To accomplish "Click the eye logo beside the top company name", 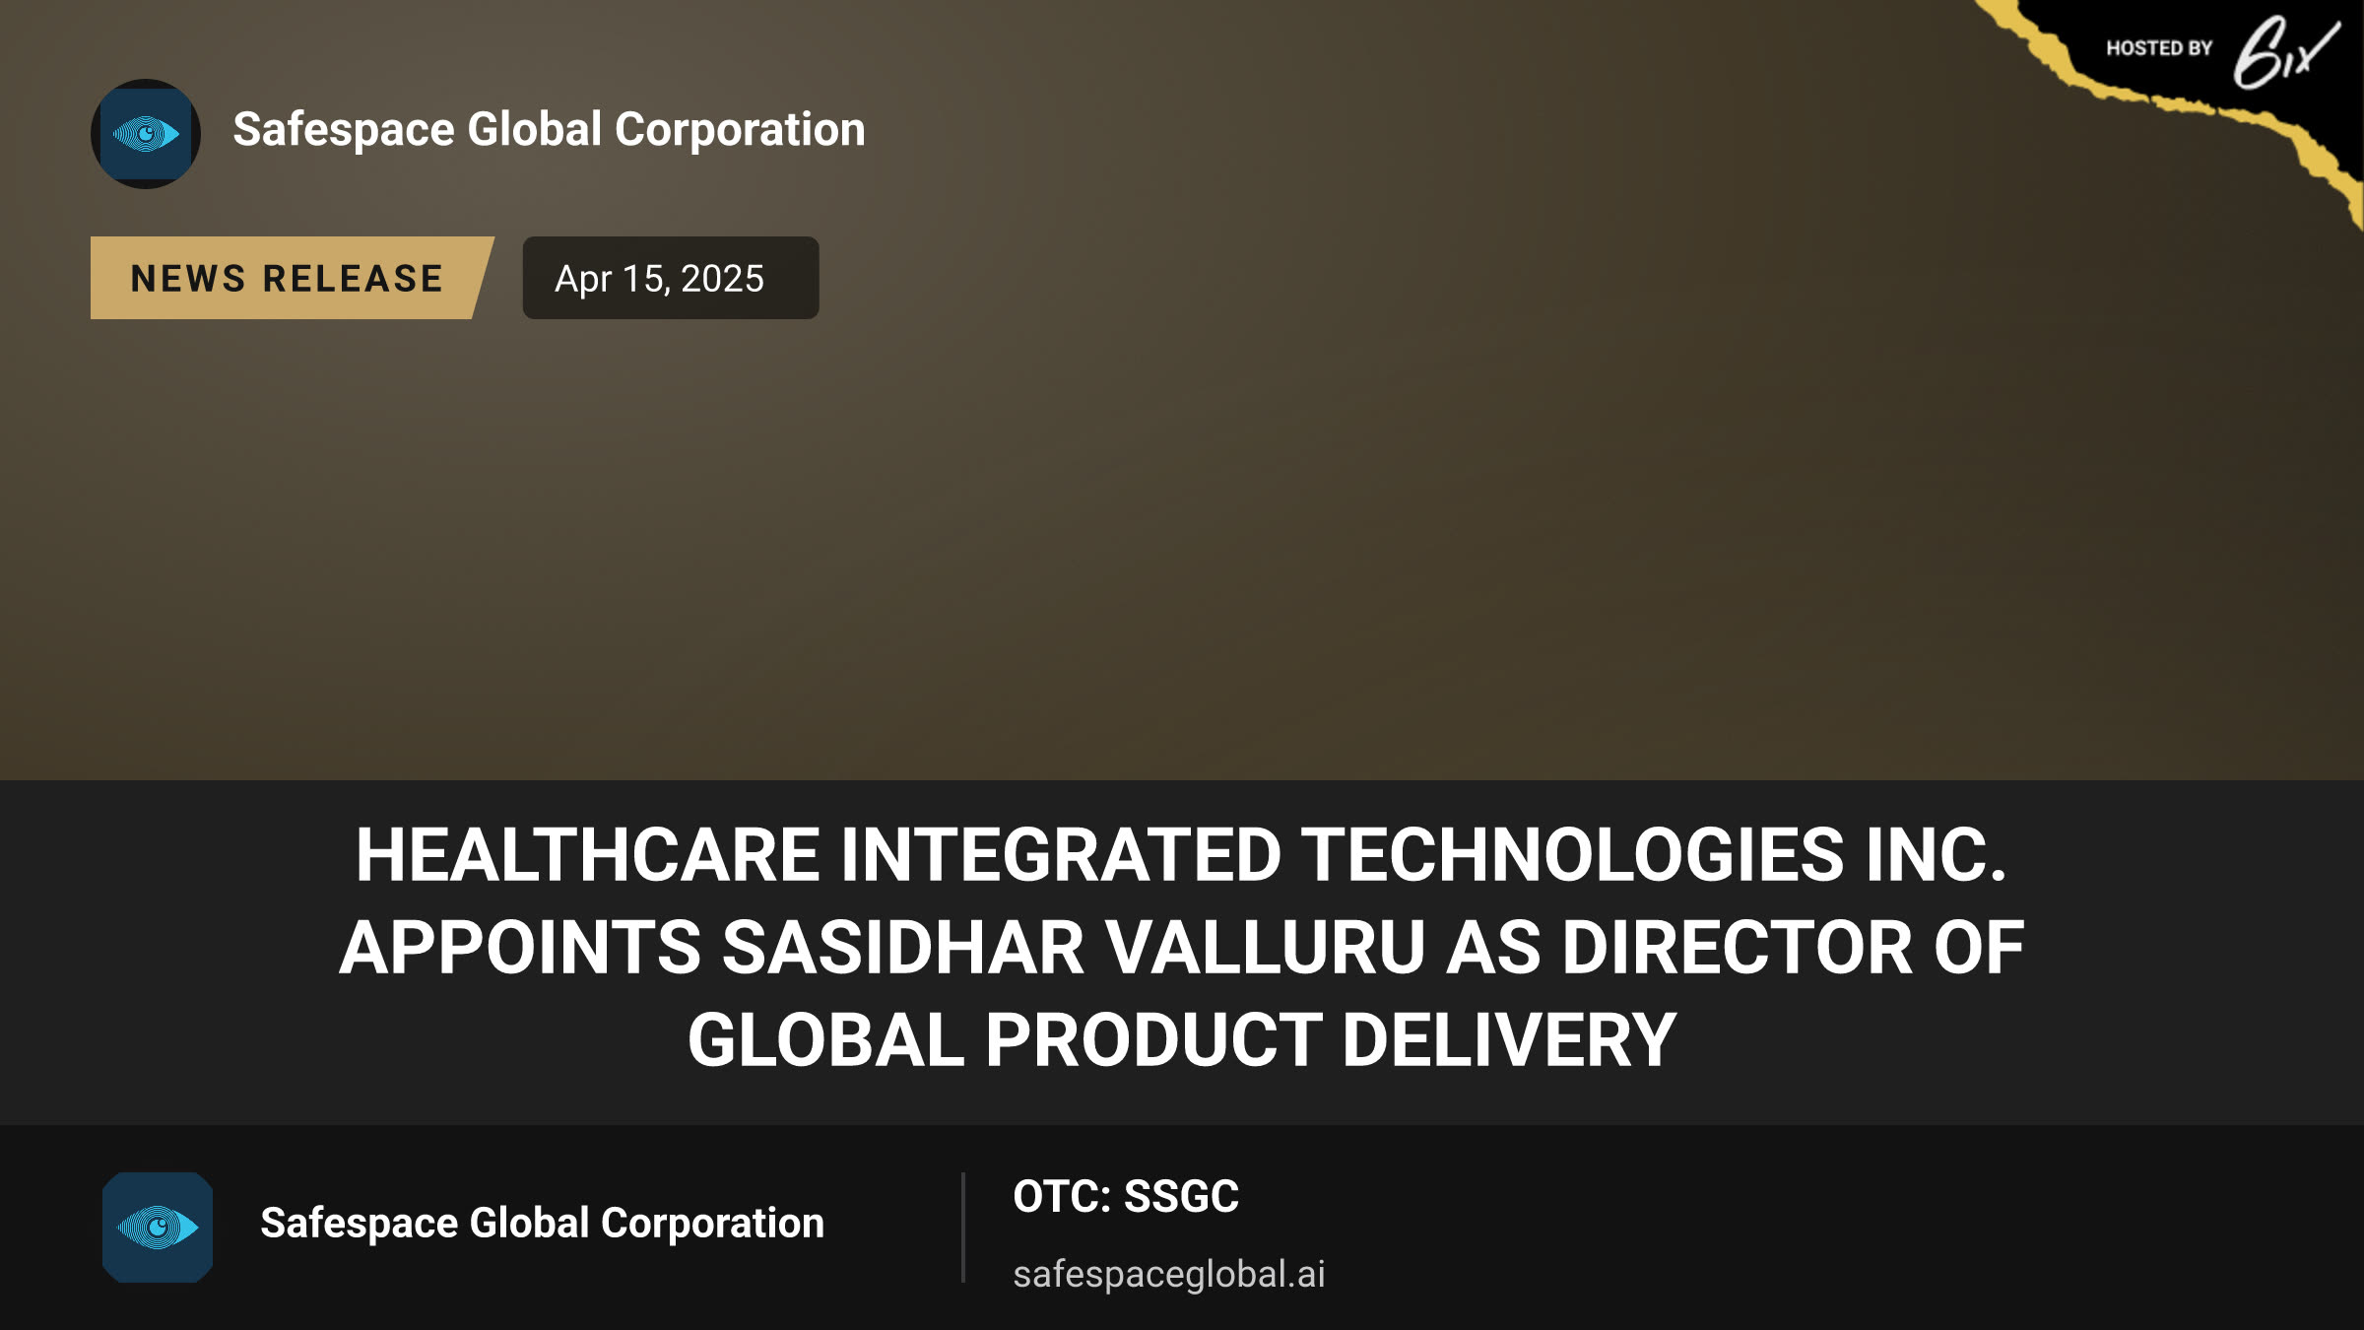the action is [x=146, y=134].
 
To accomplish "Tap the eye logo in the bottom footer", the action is [x=158, y=1227].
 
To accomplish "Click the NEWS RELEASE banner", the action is [x=292, y=278].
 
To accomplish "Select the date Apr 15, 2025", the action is [x=659, y=279].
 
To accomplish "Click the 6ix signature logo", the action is [x=2285, y=52].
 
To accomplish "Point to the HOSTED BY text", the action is [x=2159, y=48].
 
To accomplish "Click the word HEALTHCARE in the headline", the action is [x=587, y=854].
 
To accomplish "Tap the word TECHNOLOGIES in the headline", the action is [x=1572, y=854].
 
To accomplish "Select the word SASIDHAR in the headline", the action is [x=902, y=947].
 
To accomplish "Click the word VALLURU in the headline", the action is [x=1265, y=947].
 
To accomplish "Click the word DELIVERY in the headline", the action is [x=1509, y=1040].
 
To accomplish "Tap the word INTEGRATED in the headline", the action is [x=1060, y=854].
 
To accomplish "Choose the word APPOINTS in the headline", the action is [x=520, y=947].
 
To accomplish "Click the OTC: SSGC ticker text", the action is [x=1126, y=1197].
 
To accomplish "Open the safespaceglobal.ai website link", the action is [x=1169, y=1274].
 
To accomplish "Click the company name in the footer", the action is [x=542, y=1224].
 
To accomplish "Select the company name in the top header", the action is [x=549, y=130].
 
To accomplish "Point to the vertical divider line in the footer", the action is [x=963, y=1228].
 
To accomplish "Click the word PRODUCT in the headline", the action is [x=1152, y=1040].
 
